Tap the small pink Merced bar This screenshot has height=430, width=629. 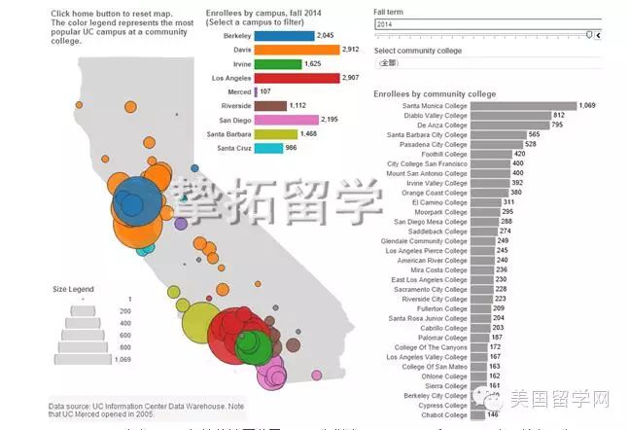point(256,91)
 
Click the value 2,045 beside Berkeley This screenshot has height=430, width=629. point(328,35)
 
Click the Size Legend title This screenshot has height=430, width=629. point(73,289)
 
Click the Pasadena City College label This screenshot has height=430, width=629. point(428,144)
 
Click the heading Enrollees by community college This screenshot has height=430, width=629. point(435,93)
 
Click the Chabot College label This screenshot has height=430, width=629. point(444,414)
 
